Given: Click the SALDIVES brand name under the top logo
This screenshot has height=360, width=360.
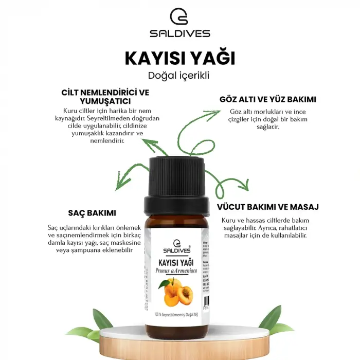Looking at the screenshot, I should [x=179, y=34].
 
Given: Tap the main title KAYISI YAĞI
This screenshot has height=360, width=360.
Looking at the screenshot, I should [x=180, y=58].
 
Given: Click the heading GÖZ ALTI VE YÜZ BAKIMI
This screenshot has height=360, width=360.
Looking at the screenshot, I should [x=267, y=99].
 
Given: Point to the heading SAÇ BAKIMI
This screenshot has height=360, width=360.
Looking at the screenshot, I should [x=92, y=213].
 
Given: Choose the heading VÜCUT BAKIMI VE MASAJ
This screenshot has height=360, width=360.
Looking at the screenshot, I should [x=268, y=207].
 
